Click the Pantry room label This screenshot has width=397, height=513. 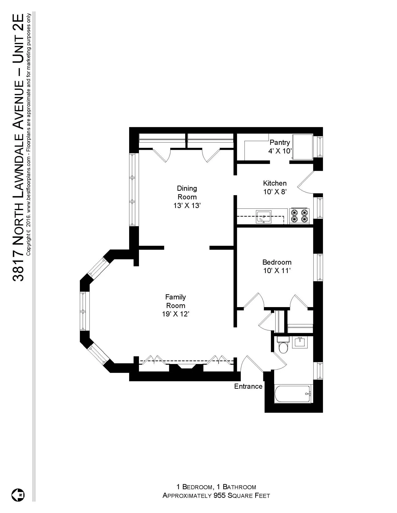pos(280,142)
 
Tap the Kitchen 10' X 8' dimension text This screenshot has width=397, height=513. pos(275,192)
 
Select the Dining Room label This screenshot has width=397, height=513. pos(187,192)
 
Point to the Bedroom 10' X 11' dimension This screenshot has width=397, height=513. pos(277,271)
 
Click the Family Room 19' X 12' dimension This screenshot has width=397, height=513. pos(175,314)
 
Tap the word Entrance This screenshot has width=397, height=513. pos(248,386)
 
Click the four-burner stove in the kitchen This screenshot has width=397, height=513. pos(299,216)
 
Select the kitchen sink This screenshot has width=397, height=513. pos(263,217)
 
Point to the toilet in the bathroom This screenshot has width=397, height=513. pos(283,346)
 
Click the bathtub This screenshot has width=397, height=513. pos(292,394)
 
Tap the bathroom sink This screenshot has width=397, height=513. pos(300,342)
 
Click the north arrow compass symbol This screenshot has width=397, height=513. pos(18,495)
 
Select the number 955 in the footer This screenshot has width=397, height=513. pos(219,495)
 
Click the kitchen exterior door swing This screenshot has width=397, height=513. pos(305,183)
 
